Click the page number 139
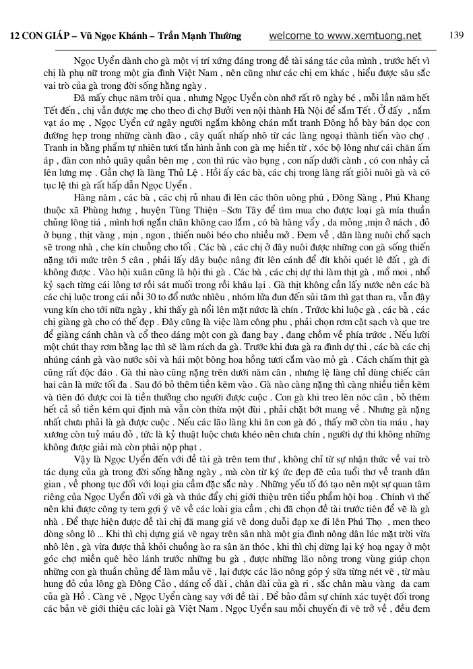point(456,36)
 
